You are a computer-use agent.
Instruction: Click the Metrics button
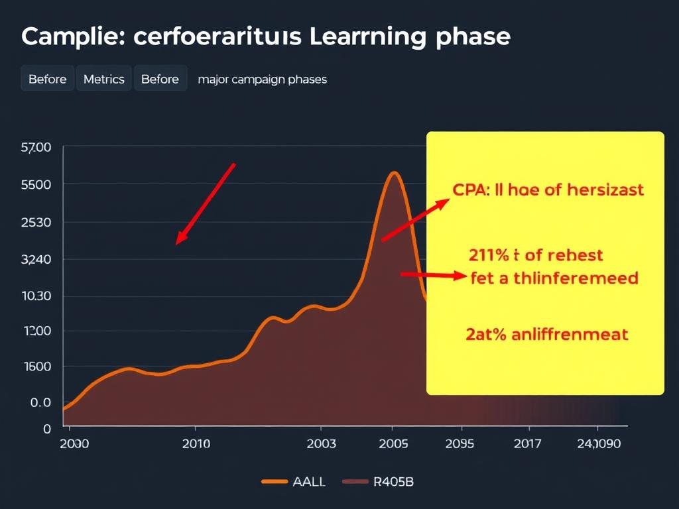tap(104, 79)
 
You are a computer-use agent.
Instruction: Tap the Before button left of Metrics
tap(48, 79)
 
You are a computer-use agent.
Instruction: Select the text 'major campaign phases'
tap(262, 79)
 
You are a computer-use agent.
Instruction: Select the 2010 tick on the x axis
tap(196, 443)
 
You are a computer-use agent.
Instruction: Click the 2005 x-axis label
tap(393, 443)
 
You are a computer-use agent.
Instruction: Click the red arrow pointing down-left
tap(206, 202)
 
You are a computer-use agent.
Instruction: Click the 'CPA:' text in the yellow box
tap(471, 190)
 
